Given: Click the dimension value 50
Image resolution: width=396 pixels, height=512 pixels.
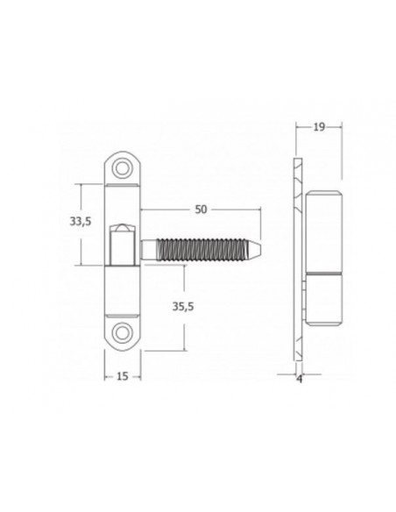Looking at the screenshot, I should [201, 210].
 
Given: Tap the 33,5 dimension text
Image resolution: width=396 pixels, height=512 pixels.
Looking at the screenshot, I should [81, 223].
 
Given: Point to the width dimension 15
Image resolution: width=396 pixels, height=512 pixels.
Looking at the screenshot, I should [122, 376].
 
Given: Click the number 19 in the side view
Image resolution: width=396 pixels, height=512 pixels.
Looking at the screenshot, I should [320, 128].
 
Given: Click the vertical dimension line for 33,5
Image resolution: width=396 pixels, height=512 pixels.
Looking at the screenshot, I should [84, 245].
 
